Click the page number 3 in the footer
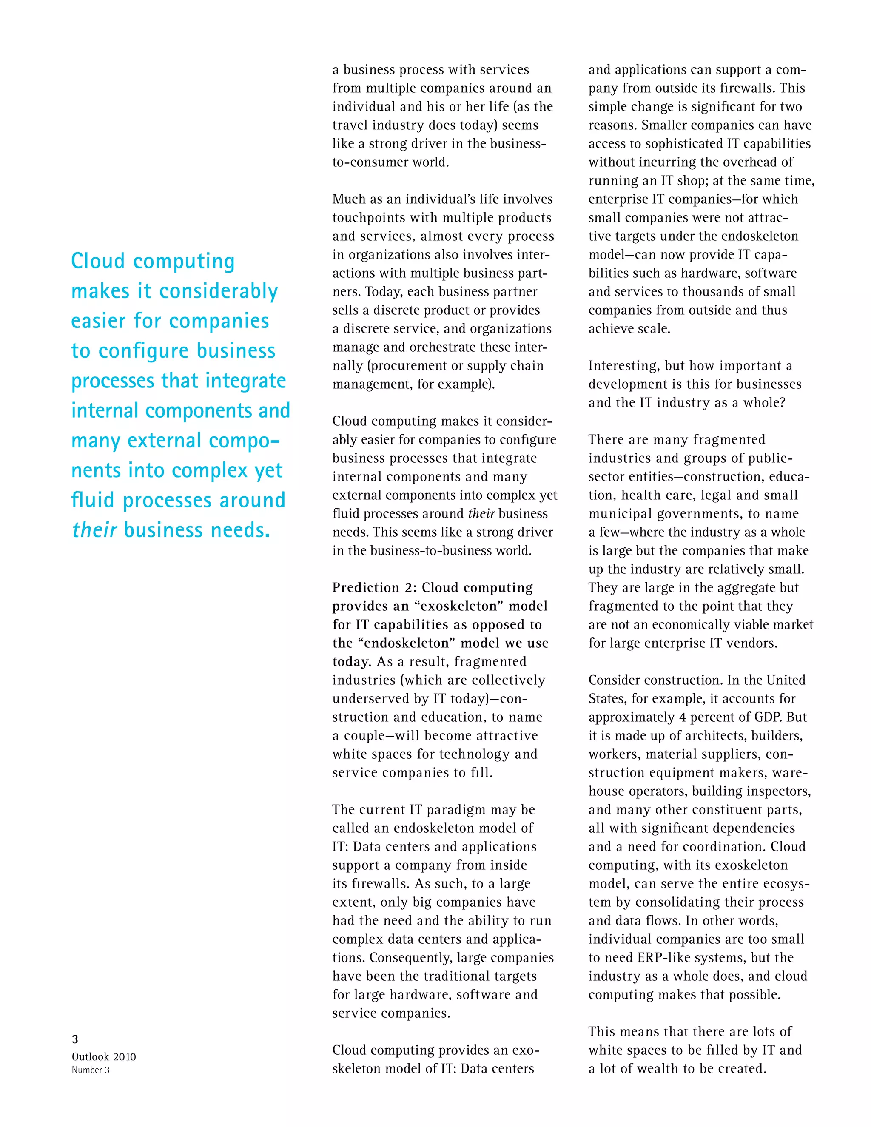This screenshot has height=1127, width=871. click(75, 1039)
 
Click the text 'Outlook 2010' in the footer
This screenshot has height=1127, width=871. click(104, 1056)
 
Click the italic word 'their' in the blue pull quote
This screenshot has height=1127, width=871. click(94, 530)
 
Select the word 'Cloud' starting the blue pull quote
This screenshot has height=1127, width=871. click(98, 261)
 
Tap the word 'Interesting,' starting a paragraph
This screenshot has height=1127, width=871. click(624, 366)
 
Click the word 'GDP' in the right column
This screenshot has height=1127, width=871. click(766, 717)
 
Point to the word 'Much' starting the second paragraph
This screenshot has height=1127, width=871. click(349, 199)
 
